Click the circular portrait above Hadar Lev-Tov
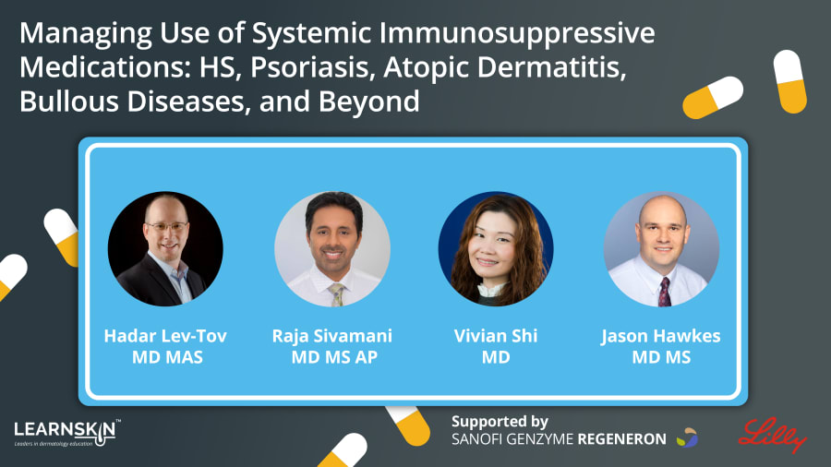click(165, 249)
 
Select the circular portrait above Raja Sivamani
click(332, 249)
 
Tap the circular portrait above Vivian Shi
click(496, 249)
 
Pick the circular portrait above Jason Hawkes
click(661, 249)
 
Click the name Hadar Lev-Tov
click(165, 336)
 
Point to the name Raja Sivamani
click(332, 336)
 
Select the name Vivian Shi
click(496, 336)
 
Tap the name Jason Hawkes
click(661, 336)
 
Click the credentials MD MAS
click(167, 357)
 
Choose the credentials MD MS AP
click(334, 357)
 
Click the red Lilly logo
click(772, 435)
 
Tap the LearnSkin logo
click(66, 433)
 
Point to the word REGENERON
click(621, 439)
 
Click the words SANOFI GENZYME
click(512, 439)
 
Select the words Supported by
click(500, 422)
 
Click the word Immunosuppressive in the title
click(517, 33)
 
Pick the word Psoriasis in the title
click(312, 67)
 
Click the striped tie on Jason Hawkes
click(664, 292)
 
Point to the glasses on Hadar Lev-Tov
click(166, 227)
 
